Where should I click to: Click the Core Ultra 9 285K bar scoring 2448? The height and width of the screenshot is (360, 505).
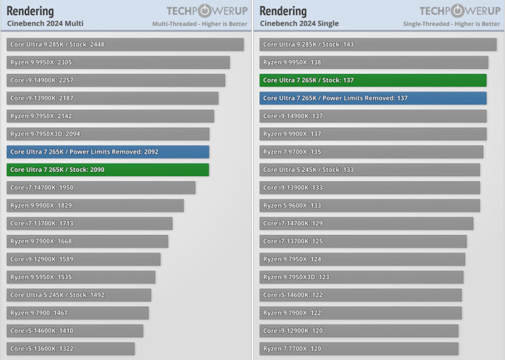pyautogui.click(x=125, y=45)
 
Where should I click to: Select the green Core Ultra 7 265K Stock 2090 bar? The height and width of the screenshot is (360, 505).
pyautogui.click(x=108, y=170)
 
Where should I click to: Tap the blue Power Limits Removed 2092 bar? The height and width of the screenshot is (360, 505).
pyautogui.click(x=108, y=152)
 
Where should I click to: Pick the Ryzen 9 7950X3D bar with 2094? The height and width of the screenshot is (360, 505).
pyautogui.click(x=108, y=134)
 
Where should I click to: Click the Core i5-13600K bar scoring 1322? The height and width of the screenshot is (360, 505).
pyautogui.click(x=71, y=349)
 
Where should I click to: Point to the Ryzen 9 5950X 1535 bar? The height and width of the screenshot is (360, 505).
pyautogui.click(x=81, y=277)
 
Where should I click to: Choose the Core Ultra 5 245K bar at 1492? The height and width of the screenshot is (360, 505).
pyautogui.click(x=79, y=295)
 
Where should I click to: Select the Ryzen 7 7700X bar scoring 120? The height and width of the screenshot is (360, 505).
pyautogui.click(x=359, y=349)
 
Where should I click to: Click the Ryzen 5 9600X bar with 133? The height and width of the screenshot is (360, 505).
pyautogui.click(x=369, y=206)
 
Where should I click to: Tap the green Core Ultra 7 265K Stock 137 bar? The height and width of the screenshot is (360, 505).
pyautogui.click(x=372, y=81)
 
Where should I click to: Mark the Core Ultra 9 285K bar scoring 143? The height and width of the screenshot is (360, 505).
pyautogui.click(x=377, y=45)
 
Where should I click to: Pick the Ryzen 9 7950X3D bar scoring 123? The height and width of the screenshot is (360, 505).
pyautogui.click(x=361, y=277)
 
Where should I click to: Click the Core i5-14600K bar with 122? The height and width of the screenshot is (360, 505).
pyautogui.click(x=360, y=295)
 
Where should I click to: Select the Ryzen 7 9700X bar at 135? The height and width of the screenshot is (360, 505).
pyautogui.click(x=371, y=152)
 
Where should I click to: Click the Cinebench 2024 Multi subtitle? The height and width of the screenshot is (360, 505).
pyautogui.click(x=45, y=24)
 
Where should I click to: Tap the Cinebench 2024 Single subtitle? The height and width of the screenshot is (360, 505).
pyautogui.click(x=299, y=24)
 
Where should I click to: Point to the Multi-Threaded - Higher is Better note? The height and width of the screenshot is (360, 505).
pyautogui.click(x=199, y=24)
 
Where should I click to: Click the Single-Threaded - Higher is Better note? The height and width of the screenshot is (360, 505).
pyautogui.click(x=451, y=24)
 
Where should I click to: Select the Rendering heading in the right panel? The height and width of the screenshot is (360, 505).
pyautogui.click(x=283, y=11)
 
